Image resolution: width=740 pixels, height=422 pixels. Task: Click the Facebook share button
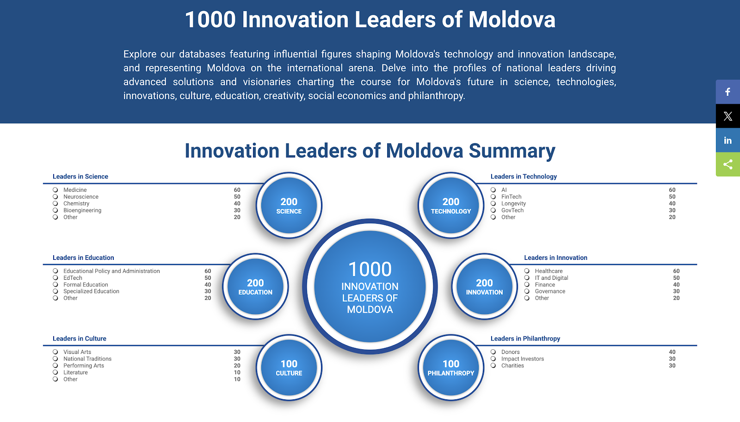[x=728, y=92]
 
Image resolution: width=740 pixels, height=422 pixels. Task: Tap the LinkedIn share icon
[x=728, y=140]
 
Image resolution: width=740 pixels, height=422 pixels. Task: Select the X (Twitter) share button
[x=728, y=116]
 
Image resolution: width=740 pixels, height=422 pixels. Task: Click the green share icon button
[x=728, y=164]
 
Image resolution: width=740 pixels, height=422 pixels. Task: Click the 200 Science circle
[x=289, y=205]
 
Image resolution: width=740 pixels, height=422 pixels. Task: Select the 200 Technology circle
[x=451, y=205]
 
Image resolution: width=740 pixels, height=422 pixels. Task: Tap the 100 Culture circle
[x=289, y=367]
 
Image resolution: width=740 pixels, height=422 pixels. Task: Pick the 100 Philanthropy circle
[x=451, y=367]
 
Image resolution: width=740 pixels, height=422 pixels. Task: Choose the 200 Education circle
[x=255, y=286]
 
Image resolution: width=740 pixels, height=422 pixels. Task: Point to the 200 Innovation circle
[x=484, y=286]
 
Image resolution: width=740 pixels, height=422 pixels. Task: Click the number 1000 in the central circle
[x=370, y=269]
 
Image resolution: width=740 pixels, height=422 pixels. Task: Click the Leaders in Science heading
[x=80, y=176]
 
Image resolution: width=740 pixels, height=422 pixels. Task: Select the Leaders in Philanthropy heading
[x=525, y=339]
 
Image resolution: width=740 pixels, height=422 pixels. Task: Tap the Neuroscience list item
[x=81, y=196]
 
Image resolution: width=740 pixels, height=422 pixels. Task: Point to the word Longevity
[x=513, y=203]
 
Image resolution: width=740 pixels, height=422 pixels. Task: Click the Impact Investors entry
[x=522, y=359]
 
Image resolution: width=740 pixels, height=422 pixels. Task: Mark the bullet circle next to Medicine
[x=55, y=189]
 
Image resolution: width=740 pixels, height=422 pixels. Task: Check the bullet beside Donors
[x=493, y=352]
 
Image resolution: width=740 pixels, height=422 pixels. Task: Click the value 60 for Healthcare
[x=676, y=271]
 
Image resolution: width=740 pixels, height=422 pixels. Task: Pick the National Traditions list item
[x=87, y=359]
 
